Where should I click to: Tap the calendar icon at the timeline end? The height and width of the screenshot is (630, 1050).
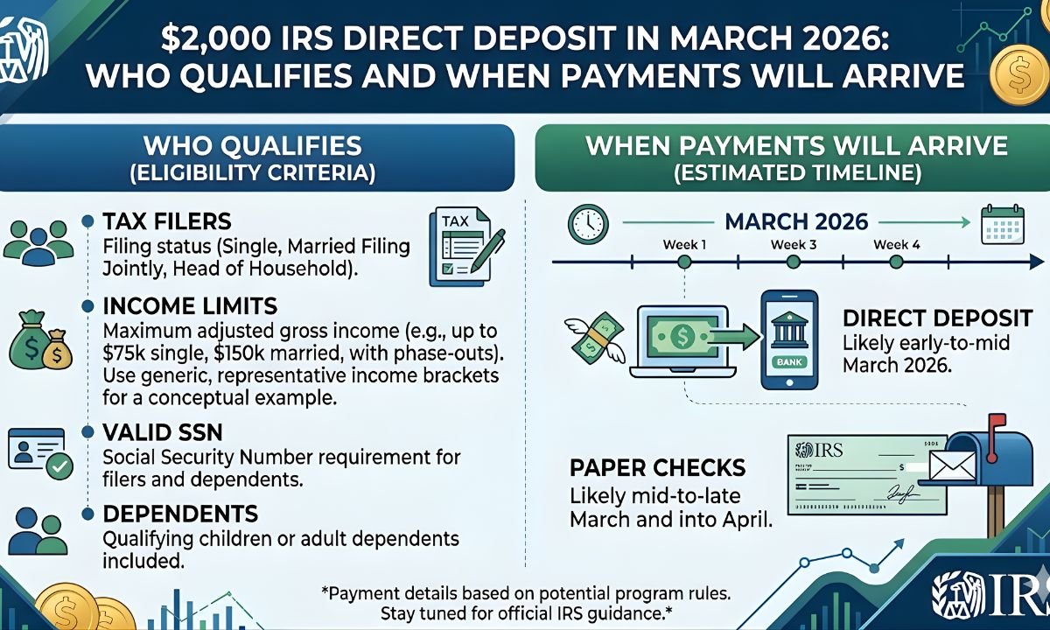1001,224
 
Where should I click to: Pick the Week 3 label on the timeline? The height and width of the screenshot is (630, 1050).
794,245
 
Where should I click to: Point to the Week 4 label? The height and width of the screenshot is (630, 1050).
897,245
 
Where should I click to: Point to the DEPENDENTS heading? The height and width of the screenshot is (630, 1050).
180,514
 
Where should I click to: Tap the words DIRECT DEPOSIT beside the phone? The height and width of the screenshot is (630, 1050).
937,318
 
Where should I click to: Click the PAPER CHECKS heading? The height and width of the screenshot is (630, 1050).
657,467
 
